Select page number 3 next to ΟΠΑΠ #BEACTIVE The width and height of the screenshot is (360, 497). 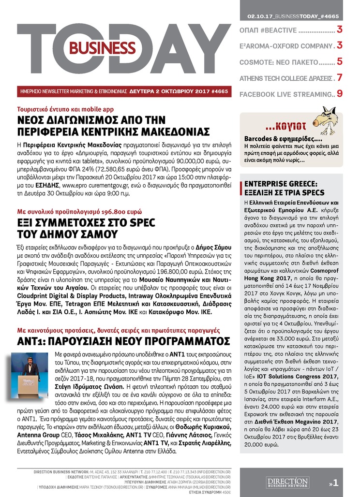pyautogui.click(x=340, y=30)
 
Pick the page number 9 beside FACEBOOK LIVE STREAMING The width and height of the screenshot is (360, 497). pyautogui.click(x=340, y=93)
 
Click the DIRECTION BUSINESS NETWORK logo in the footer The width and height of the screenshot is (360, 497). pyautogui.click(x=287, y=482)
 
